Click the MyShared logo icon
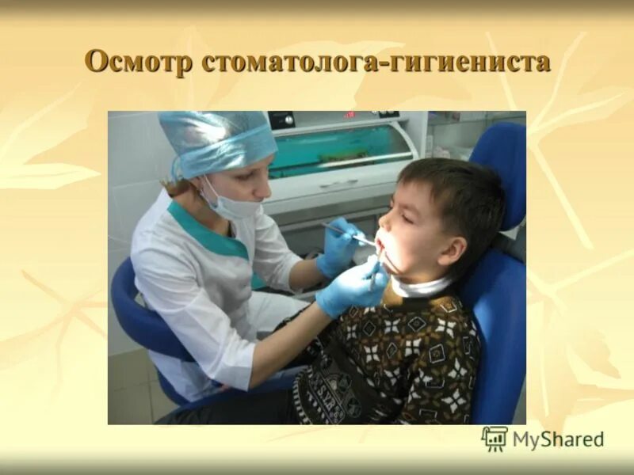[495, 439]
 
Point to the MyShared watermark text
[558, 439]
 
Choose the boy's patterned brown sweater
[396, 356]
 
